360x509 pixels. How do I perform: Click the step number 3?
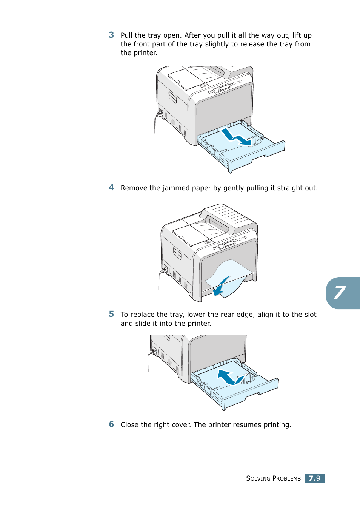111,35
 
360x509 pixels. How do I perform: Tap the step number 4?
111,187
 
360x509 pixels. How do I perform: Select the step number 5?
111,314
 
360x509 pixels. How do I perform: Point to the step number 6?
111,424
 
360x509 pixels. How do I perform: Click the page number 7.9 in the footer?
314,478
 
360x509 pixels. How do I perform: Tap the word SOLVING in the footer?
258,478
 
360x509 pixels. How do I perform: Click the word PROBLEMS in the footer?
287,478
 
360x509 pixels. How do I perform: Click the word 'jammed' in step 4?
176,188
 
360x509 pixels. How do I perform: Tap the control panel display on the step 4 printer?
229,244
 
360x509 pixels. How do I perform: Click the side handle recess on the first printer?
172,97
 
